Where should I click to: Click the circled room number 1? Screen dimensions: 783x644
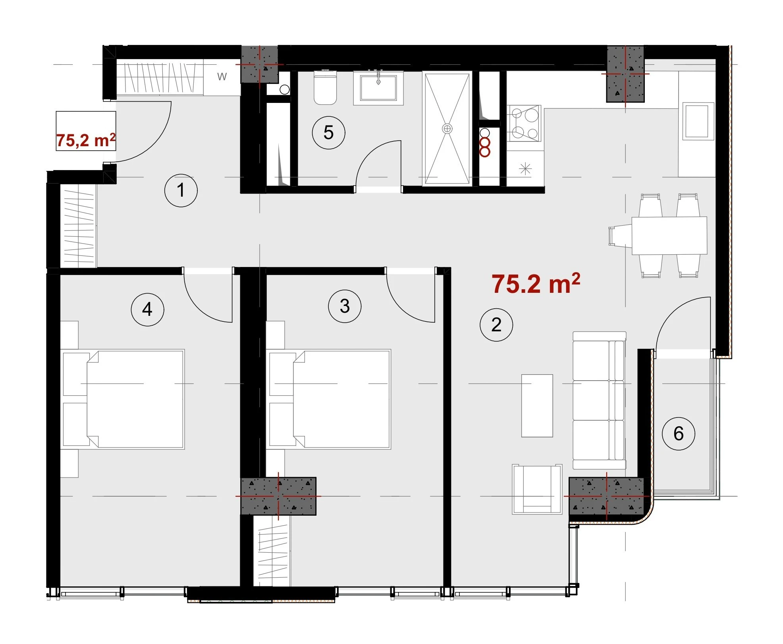[x=181, y=190]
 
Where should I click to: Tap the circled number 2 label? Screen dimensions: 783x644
[x=496, y=325]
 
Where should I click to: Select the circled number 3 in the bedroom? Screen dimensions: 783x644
[x=345, y=306]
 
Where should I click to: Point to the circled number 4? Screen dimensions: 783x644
[x=147, y=309]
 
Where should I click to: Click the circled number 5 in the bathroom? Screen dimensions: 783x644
[x=328, y=133]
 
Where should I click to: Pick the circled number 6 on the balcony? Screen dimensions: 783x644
[x=679, y=433]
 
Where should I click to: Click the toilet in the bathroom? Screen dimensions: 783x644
[x=325, y=87]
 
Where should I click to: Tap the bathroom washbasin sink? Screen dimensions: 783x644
[x=378, y=88]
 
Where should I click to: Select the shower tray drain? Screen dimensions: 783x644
[x=447, y=128]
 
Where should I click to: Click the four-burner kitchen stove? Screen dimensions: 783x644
[x=524, y=123]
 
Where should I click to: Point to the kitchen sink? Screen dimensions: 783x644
[x=697, y=121]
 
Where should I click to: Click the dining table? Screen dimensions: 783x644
[x=669, y=235]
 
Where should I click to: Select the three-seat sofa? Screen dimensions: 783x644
[x=599, y=401]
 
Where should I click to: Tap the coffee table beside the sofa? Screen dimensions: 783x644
[x=537, y=406]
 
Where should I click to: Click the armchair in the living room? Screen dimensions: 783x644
[x=537, y=489]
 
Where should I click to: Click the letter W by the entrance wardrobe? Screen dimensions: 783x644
[x=222, y=76]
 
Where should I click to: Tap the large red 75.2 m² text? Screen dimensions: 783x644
[x=536, y=284]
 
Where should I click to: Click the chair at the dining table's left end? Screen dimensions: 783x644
[x=620, y=236]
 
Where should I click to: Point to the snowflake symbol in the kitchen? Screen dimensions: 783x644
[x=525, y=169]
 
